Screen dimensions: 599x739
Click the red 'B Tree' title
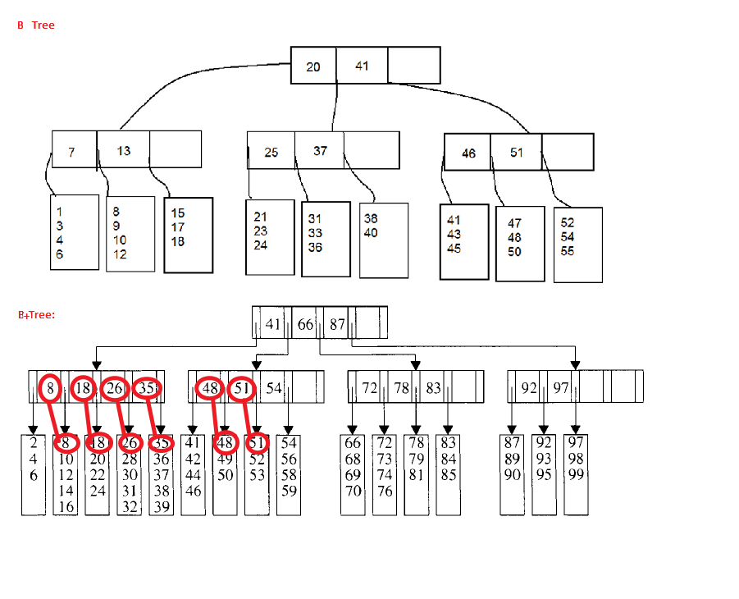point(35,25)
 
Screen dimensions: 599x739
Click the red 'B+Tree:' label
point(36,314)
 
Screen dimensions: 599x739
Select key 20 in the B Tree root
point(313,66)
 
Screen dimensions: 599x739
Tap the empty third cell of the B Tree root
point(413,66)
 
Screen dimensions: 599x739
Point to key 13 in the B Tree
point(123,151)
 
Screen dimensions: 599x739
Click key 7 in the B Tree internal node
point(72,152)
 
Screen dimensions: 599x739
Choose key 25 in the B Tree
point(271,152)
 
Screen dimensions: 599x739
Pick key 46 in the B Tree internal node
point(468,153)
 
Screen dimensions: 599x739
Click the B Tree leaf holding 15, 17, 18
point(188,235)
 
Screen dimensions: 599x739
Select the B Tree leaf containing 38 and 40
point(383,240)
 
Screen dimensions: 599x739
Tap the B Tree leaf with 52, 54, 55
point(577,245)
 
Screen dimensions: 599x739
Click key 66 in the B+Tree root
point(306,324)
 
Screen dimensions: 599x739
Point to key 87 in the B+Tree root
point(337,324)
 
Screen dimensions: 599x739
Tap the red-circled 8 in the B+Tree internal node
point(51,388)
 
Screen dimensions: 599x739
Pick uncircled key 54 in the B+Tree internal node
point(274,388)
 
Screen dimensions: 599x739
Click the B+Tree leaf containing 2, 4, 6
point(33,474)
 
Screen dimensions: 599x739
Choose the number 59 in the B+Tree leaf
point(289,492)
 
